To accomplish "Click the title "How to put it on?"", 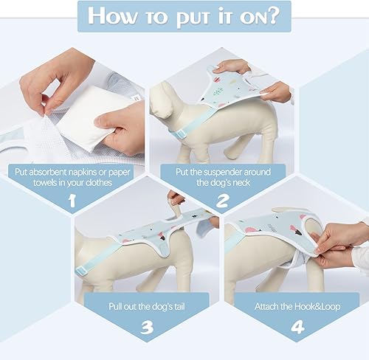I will tap(184, 16).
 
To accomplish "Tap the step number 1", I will tap(72, 199).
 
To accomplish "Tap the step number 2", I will tap(221, 199).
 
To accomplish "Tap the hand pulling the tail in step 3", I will tap(175, 199).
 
